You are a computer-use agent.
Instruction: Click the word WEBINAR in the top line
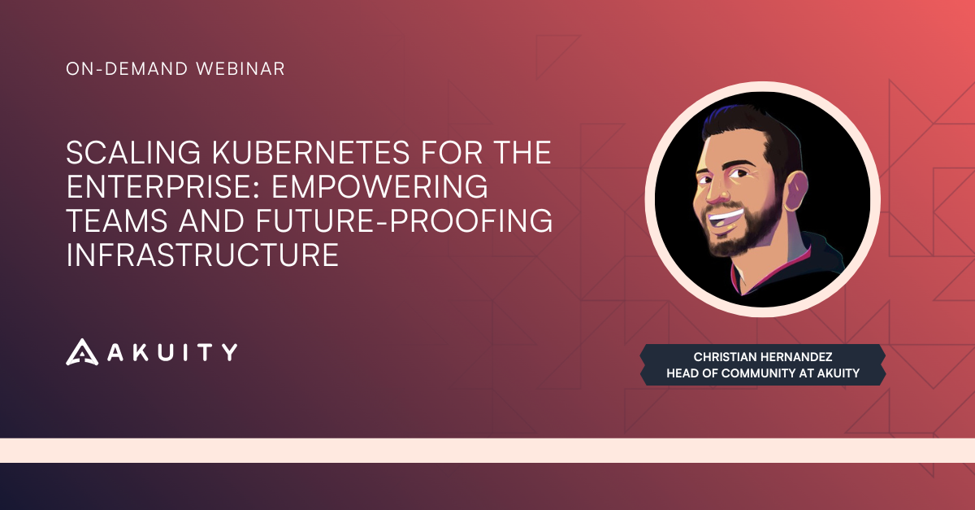(240, 69)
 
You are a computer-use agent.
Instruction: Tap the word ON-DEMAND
(127, 69)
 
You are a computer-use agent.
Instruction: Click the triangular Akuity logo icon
(82, 352)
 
